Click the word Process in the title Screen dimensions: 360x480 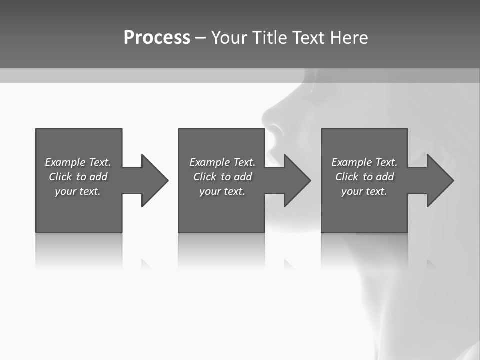pyautogui.click(x=157, y=38)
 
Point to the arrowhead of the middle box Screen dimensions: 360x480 pyautogui.click(x=296, y=180)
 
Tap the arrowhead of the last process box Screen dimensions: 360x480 pyautogui.click(x=439, y=180)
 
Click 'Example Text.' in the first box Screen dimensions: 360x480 pyautogui.click(x=78, y=162)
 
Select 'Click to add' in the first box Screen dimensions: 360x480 pyautogui.click(x=78, y=177)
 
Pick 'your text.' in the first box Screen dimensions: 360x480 pyautogui.click(x=78, y=191)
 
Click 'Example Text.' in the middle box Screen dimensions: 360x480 pyautogui.click(x=222, y=162)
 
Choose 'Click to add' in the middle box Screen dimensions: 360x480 pyautogui.click(x=222, y=177)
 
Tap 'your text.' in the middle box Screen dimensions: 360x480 pyautogui.click(x=222, y=191)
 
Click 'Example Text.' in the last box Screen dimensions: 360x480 pyautogui.click(x=364, y=162)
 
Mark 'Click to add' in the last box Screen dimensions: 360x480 pyautogui.click(x=364, y=177)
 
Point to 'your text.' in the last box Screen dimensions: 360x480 pyautogui.click(x=364, y=191)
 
